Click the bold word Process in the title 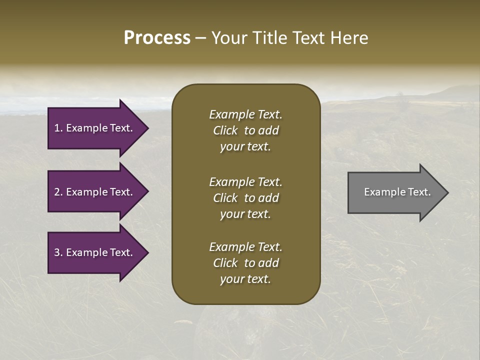pos(157,38)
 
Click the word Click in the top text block pos(225,130)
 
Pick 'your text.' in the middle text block pos(245,214)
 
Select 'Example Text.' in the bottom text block pos(245,247)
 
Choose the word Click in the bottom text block pos(225,263)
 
